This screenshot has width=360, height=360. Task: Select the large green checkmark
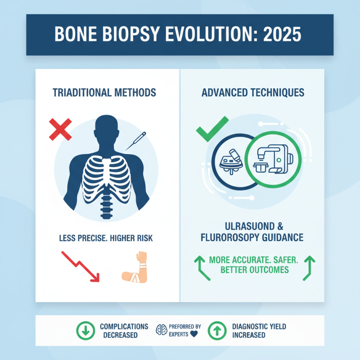click(211, 128)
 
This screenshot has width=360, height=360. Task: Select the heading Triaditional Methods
click(104, 93)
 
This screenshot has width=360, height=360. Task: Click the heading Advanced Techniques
click(253, 93)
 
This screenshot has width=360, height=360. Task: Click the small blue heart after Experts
click(194, 334)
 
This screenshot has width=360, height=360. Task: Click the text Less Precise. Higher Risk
click(106, 237)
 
